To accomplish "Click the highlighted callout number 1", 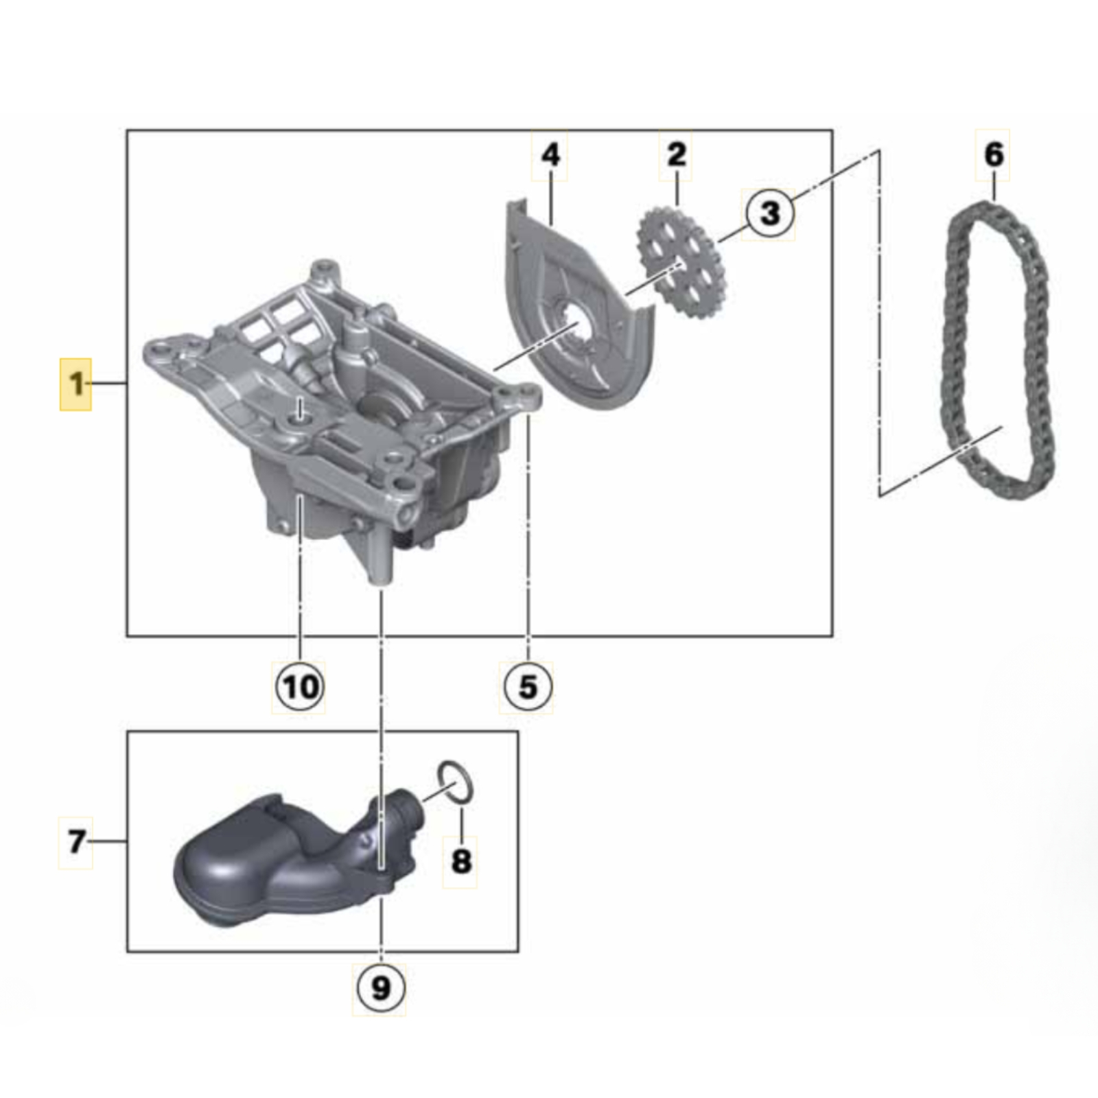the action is [x=75, y=384].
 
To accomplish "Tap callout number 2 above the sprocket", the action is [x=677, y=155].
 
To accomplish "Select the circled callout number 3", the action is [x=770, y=213].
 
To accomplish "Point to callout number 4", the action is [x=550, y=155].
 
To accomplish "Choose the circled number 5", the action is [x=527, y=686].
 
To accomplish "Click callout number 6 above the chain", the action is [x=993, y=155].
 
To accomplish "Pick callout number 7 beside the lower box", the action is [x=76, y=842].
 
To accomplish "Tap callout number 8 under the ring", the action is [x=460, y=861].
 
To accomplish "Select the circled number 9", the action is [x=379, y=988].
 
